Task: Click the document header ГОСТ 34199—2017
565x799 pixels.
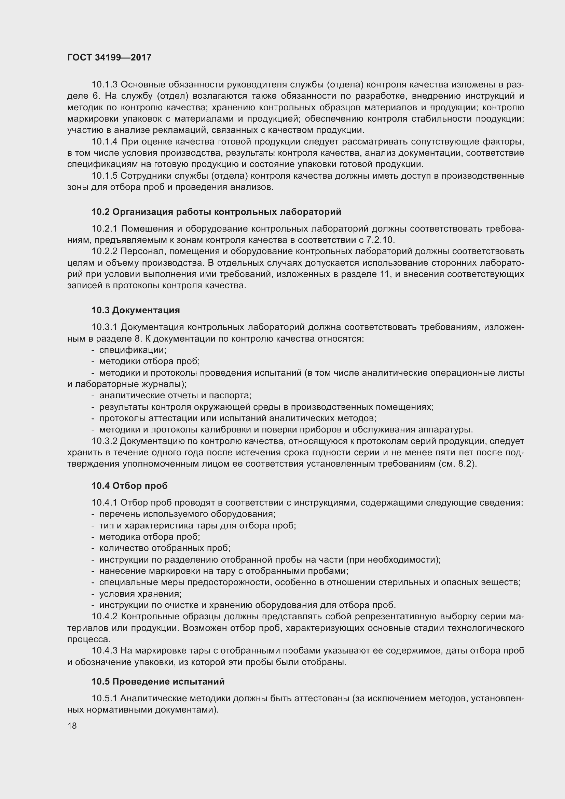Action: coord(109,57)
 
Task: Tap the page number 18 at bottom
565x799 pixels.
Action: coord(72,726)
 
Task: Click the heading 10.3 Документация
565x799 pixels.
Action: coord(136,310)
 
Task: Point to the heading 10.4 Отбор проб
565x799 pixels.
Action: coord(129,485)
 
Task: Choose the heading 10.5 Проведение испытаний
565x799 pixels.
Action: coord(158,681)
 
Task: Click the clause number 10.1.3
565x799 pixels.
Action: coord(105,85)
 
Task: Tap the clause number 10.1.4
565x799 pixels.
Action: coord(105,142)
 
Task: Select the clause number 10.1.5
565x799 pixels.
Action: coord(105,176)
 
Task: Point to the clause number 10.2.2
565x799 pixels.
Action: coord(105,251)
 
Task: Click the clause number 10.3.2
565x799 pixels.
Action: coord(105,441)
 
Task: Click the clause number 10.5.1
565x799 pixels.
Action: coord(105,699)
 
